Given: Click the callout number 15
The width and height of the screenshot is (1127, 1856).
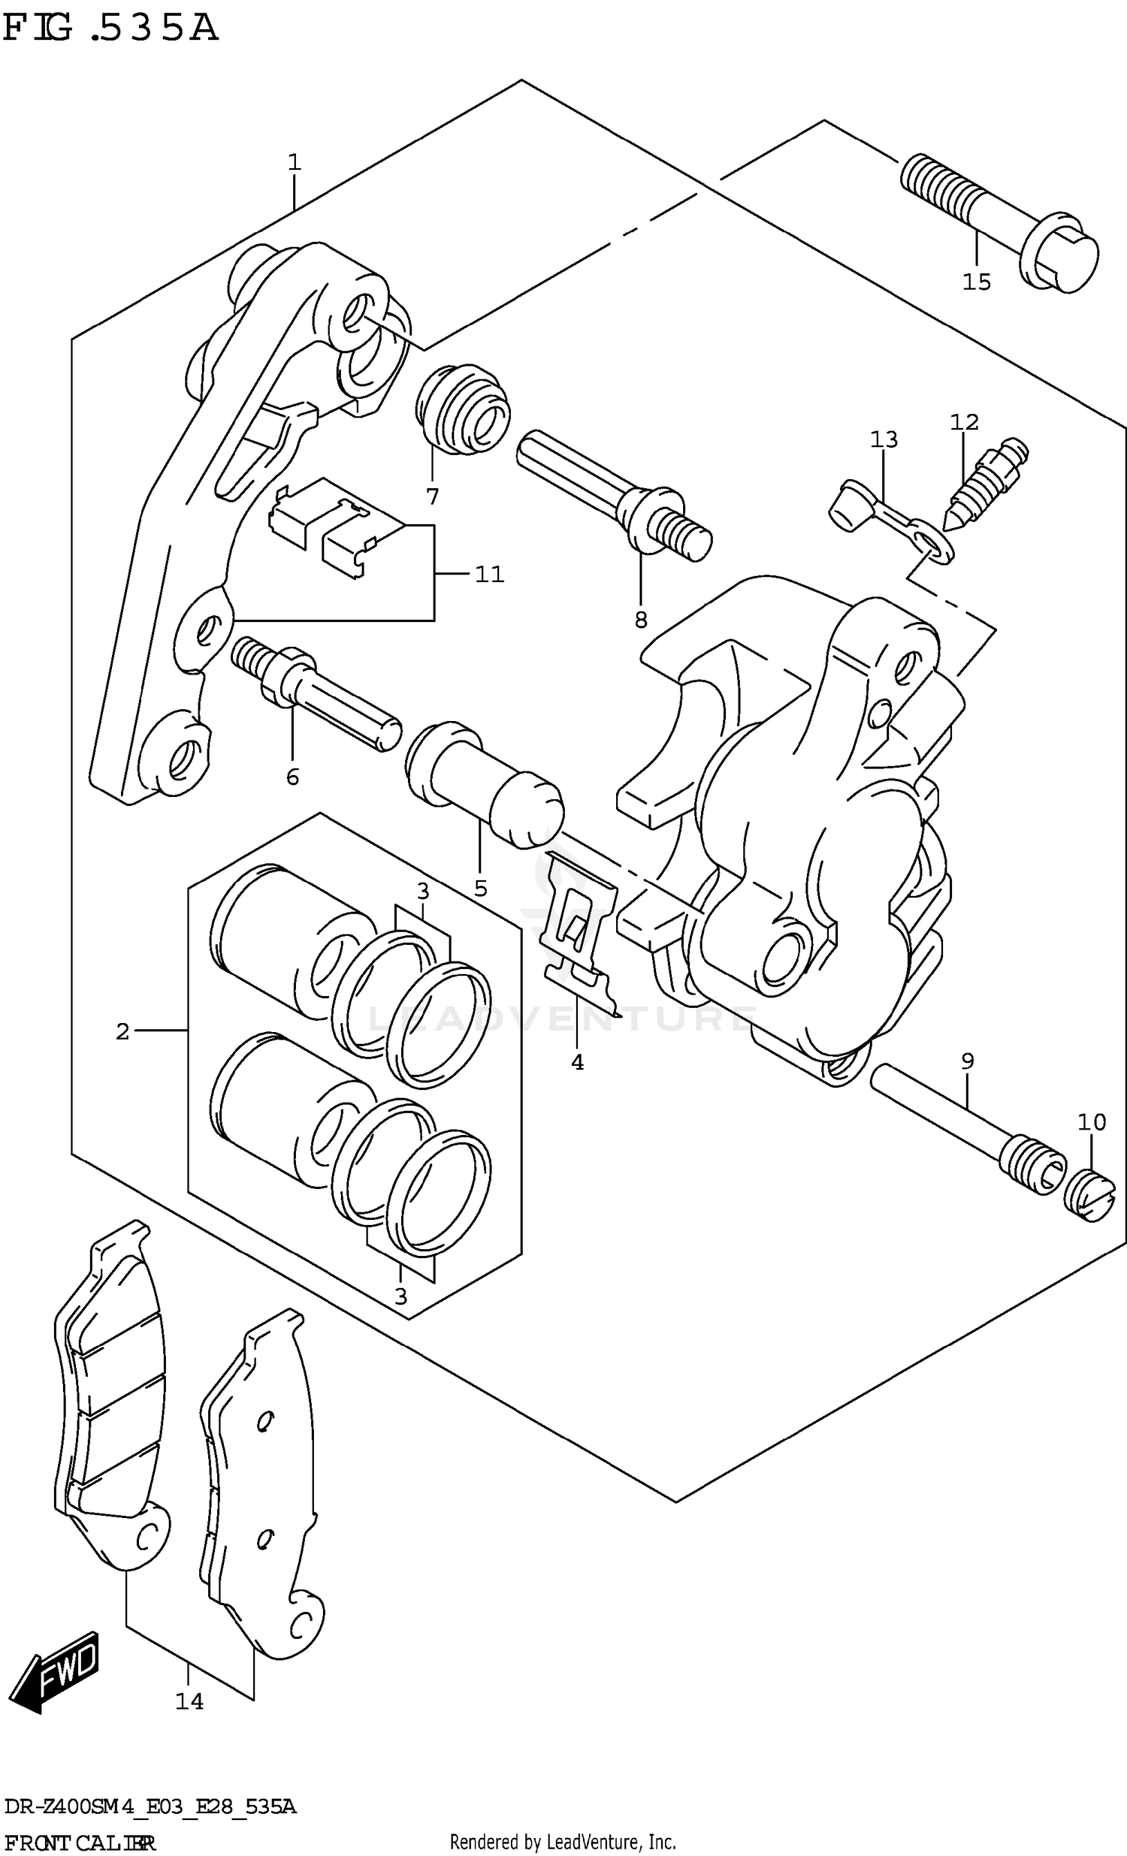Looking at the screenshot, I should click(x=976, y=282).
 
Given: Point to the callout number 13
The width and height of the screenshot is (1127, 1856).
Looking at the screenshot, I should click(x=884, y=439).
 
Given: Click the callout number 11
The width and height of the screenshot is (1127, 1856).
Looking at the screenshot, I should click(x=489, y=575).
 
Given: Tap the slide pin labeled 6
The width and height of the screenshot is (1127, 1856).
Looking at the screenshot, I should click(x=316, y=693).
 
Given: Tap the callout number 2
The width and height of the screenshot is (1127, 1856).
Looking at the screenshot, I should click(x=122, y=1031).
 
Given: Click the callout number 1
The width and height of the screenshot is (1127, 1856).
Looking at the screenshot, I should click(x=294, y=162).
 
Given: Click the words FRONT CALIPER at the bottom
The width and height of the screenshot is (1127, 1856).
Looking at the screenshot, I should click(x=78, y=1842).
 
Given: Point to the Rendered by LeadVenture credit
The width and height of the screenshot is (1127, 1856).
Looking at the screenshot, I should click(x=562, y=1842).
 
